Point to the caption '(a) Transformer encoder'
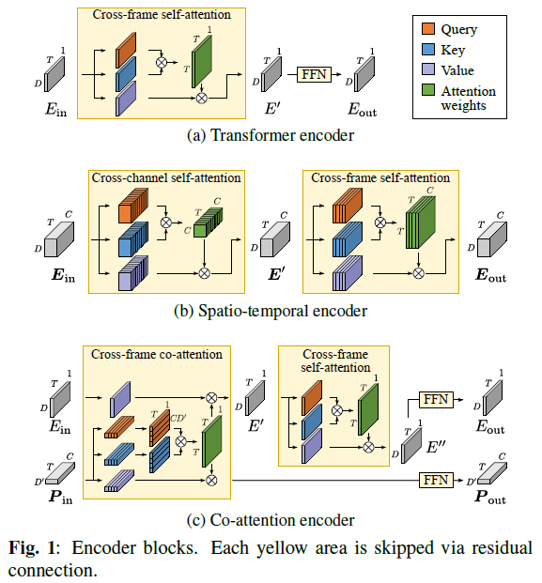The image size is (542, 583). pyautogui.click(x=270, y=135)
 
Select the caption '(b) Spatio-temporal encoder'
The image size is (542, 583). pyautogui.click(x=270, y=310)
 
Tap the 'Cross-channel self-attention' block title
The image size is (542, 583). pyautogui.click(x=165, y=177)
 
